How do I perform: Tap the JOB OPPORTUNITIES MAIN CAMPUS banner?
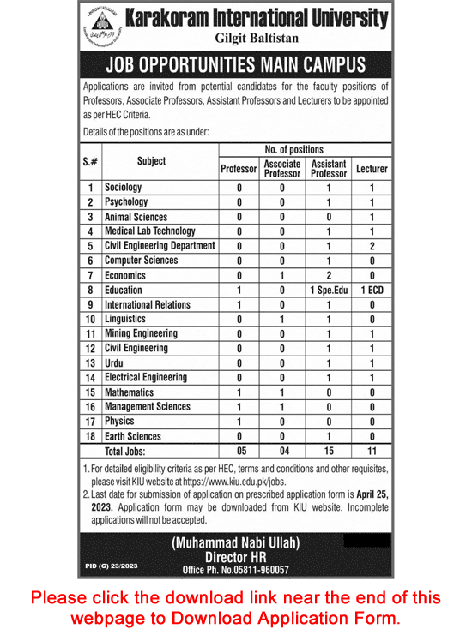click(x=235, y=66)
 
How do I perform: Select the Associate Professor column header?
click(x=282, y=169)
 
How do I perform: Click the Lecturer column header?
click(x=372, y=169)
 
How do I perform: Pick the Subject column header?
click(x=151, y=161)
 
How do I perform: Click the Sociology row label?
click(x=124, y=187)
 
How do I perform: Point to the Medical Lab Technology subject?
click(x=150, y=231)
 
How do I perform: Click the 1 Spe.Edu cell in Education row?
click(x=328, y=290)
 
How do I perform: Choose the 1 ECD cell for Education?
click(x=372, y=290)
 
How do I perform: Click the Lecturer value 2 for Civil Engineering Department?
click(x=372, y=246)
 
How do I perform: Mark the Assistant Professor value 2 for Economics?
click(x=328, y=275)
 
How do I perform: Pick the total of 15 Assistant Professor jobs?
click(x=328, y=451)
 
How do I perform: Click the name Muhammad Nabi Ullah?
click(x=237, y=542)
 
